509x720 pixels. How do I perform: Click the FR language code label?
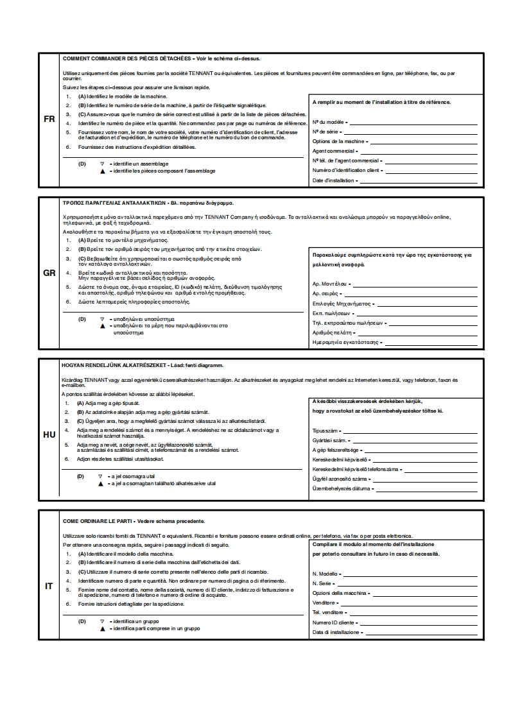[x=49, y=119]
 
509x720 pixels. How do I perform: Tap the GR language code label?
[x=49, y=273]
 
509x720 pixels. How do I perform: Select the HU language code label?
[x=49, y=434]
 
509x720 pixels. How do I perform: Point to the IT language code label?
[x=49, y=586]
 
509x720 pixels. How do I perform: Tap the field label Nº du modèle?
[x=328, y=121]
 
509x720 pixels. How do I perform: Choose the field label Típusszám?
[x=325, y=431]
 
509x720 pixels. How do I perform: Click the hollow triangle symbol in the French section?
[x=101, y=164]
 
